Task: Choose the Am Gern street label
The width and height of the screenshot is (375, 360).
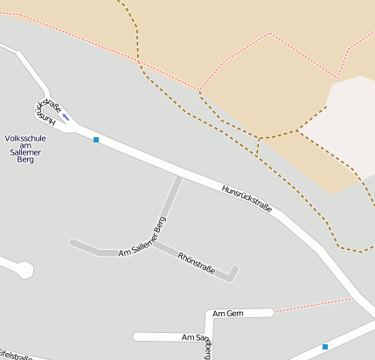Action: (227, 314)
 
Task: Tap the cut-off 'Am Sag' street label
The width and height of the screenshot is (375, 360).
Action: (193, 336)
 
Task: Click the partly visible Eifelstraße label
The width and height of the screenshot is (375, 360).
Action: (16, 356)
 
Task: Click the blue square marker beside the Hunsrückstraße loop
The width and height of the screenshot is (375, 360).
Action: (96, 140)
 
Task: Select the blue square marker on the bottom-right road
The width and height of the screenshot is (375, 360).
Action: (325, 347)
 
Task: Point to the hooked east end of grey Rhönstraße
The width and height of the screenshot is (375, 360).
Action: (233, 271)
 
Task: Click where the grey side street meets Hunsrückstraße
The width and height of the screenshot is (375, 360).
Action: (180, 176)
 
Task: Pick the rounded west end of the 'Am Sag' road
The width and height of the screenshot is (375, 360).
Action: (136, 336)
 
